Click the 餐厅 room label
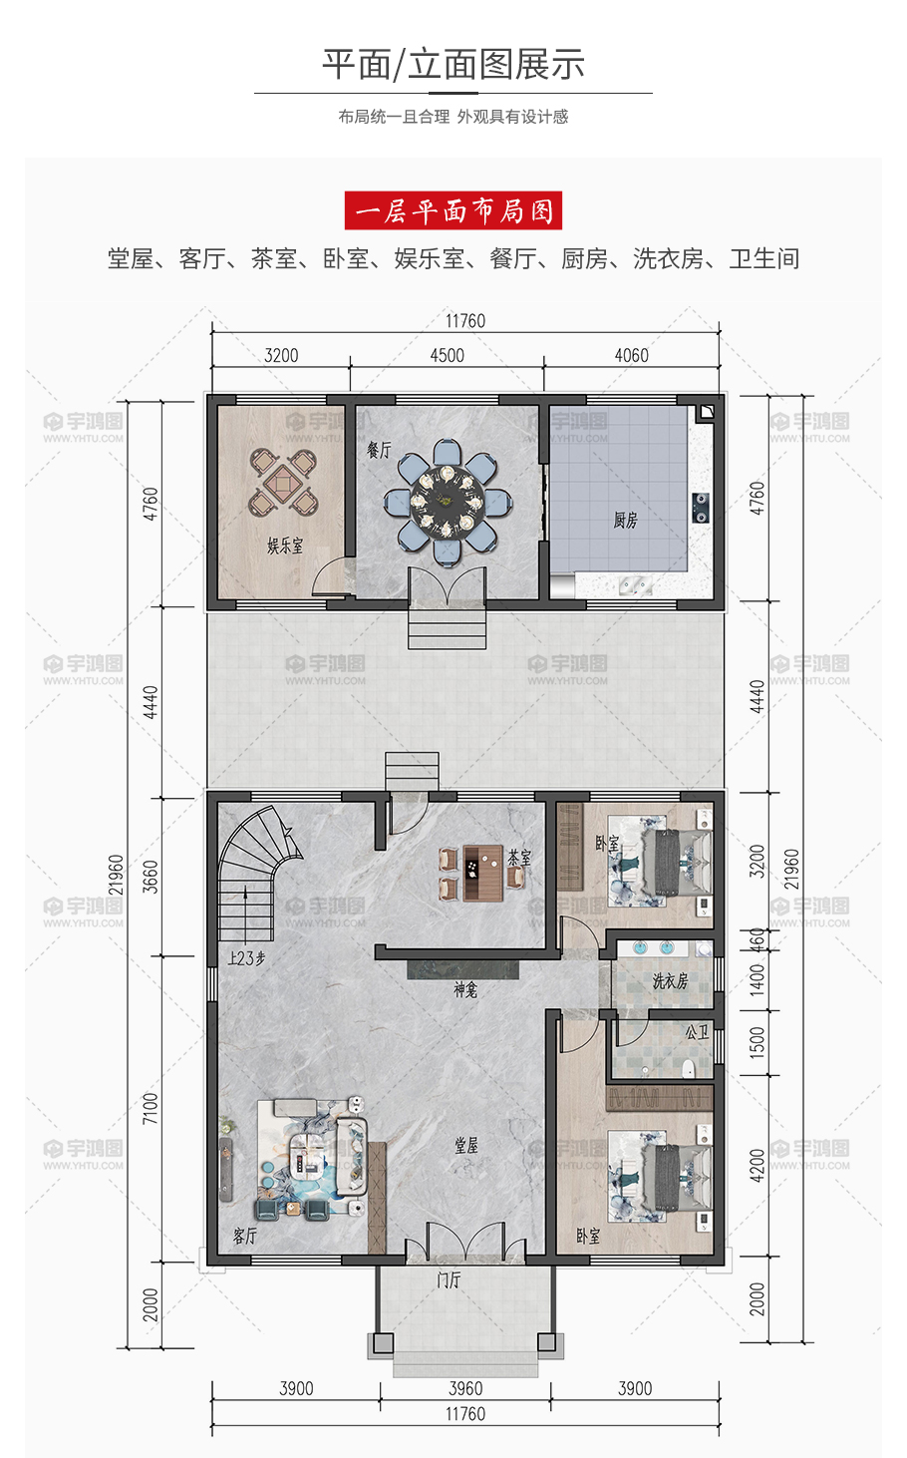click(380, 449)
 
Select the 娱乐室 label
click(285, 546)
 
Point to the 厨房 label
click(625, 520)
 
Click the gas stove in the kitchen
click(701, 508)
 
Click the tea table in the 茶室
click(482, 873)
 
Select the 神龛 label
click(465, 990)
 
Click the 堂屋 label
click(466, 1145)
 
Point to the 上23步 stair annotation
click(246, 958)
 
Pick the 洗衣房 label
click(670, 981)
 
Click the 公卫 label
click(697, 1032)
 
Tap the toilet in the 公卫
click(687, 1068)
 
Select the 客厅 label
click(245, 1236)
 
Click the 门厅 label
click(449, 1280)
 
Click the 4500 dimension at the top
click(447, 355)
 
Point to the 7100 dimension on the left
click(151, 1109)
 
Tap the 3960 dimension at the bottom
click(465, 1388)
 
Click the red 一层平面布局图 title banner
click(453, 210)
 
